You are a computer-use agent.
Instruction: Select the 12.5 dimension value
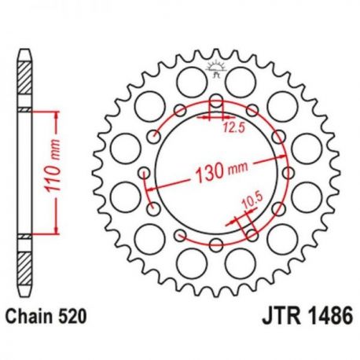tap(234, 128)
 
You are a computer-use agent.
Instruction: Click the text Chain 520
tap(46, 316)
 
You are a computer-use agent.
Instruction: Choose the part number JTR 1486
tap(307, 315)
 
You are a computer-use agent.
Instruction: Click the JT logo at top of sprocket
tap(216, 69)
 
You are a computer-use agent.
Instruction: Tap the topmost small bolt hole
tap(216, 101)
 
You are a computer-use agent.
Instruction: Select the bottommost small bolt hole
tap(216, 245)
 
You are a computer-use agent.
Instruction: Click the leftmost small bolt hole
tap(144, 173)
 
